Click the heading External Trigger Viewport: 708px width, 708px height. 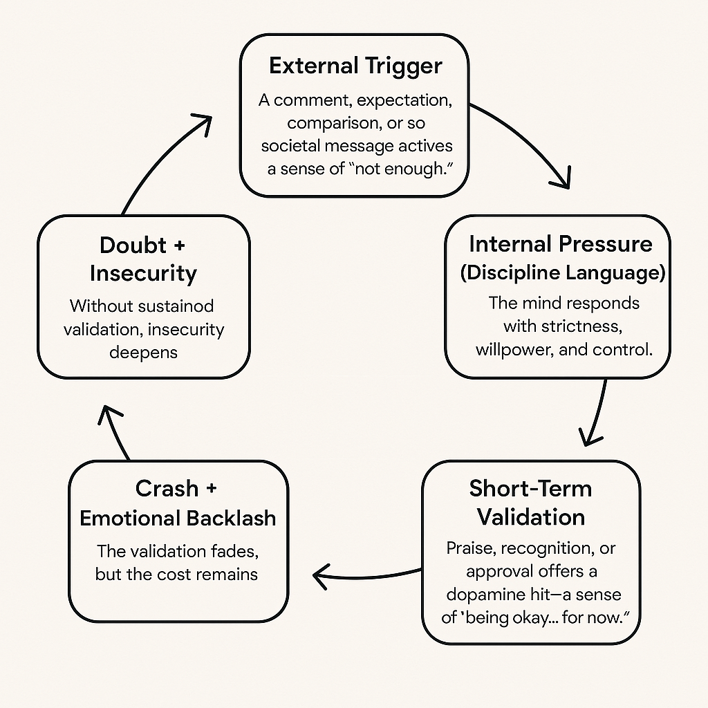(x=355, y=66)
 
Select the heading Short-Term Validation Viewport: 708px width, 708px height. (x=530, y=502)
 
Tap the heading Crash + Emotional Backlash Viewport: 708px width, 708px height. (x=178, y=503)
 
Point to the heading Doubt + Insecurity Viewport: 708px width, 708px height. (x=143, y=259)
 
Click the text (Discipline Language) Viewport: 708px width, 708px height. (x=563, y=272)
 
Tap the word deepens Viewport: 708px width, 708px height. (x=143, y=352)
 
